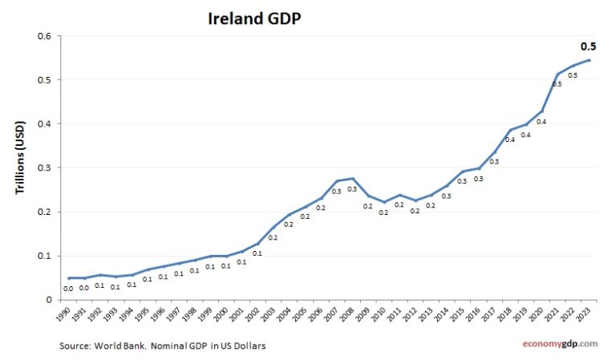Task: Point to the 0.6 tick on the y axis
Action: click(45, 36)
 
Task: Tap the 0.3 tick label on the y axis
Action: click(45, 168)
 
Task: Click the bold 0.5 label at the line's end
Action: click(590, 46)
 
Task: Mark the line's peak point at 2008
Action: click(353, 178)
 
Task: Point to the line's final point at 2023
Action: click(590, 60)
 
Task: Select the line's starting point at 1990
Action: click(69, 278)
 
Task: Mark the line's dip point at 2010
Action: click(384, 202)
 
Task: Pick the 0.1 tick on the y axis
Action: click(45, 256)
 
